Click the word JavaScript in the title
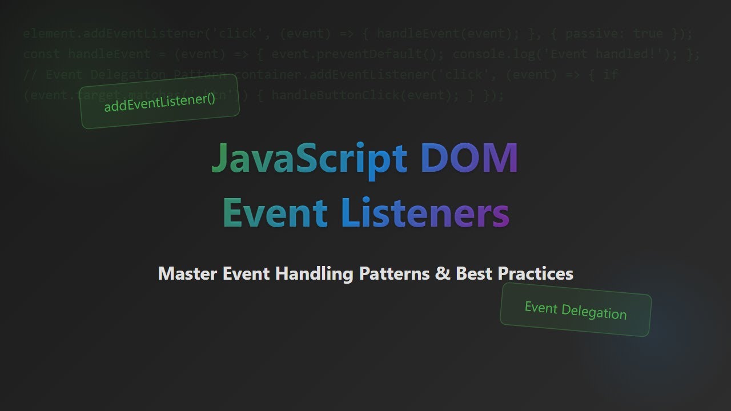point(308,158)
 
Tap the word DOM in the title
point(469,158)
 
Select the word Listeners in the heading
point(425,212)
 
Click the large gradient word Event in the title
point(275,212)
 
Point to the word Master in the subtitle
point(187,273)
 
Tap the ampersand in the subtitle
point(443,273)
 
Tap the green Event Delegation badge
point(575,310)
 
